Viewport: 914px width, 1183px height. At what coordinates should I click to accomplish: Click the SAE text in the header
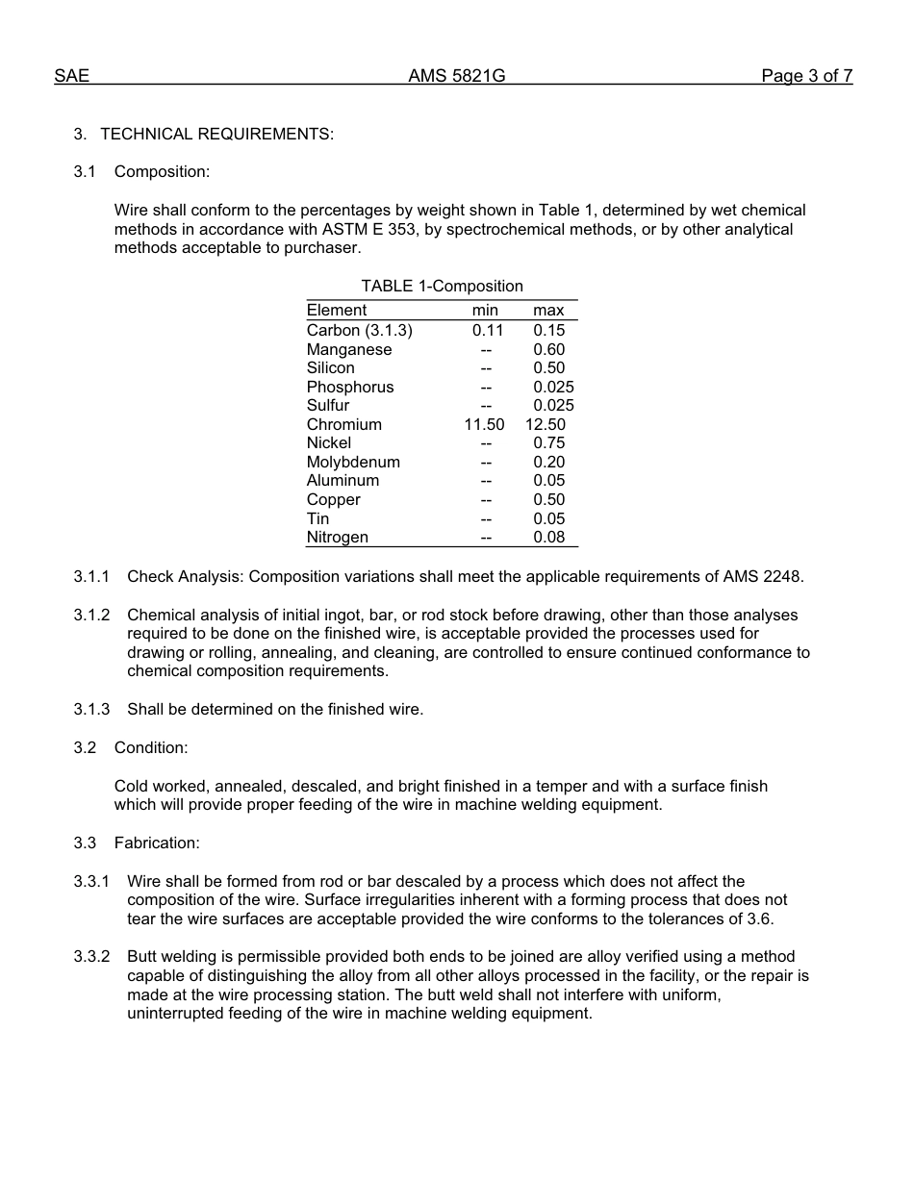coord(71,76)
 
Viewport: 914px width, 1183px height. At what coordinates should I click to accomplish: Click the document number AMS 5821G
coord(456,76)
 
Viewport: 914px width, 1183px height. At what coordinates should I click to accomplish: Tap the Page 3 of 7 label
coord(806,76)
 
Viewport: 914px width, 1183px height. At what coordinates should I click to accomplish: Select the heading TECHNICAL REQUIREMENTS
coord(216,134)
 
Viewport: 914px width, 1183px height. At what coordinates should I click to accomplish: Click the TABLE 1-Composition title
coord(442,286)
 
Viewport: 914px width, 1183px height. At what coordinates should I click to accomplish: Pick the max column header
coord(548,310)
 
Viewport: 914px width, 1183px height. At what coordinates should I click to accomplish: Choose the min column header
coord(485,310)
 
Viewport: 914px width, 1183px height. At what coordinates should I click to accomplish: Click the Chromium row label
coord(343,424)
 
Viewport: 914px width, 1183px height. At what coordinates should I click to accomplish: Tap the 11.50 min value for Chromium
coord(484,424)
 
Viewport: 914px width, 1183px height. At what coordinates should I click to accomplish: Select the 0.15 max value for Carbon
coord(548,330)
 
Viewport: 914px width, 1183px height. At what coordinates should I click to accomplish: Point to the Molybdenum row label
coord(353,462)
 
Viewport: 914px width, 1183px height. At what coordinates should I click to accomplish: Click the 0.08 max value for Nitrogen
coord(548,537)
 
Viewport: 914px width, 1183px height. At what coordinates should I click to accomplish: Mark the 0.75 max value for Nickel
coord(548,442)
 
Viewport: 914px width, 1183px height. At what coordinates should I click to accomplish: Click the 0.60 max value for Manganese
coord(548,349)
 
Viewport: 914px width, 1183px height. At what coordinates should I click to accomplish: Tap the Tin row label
coord(317,518)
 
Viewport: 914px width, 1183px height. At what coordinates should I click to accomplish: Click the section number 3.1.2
coord(91,615)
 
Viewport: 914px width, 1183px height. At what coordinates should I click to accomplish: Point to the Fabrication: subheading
coord(157,843)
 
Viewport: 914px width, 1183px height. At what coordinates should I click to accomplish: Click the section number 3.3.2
coord(91,956)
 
